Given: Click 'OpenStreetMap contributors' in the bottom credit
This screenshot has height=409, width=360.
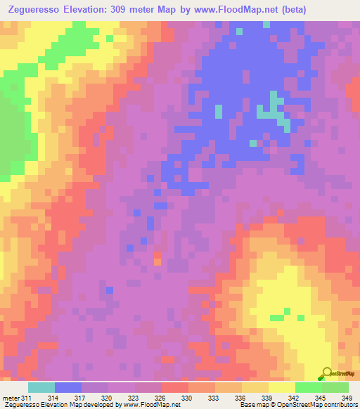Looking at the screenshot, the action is pos(316,404).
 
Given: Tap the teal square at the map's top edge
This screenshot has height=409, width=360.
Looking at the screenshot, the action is pos(240,31).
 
